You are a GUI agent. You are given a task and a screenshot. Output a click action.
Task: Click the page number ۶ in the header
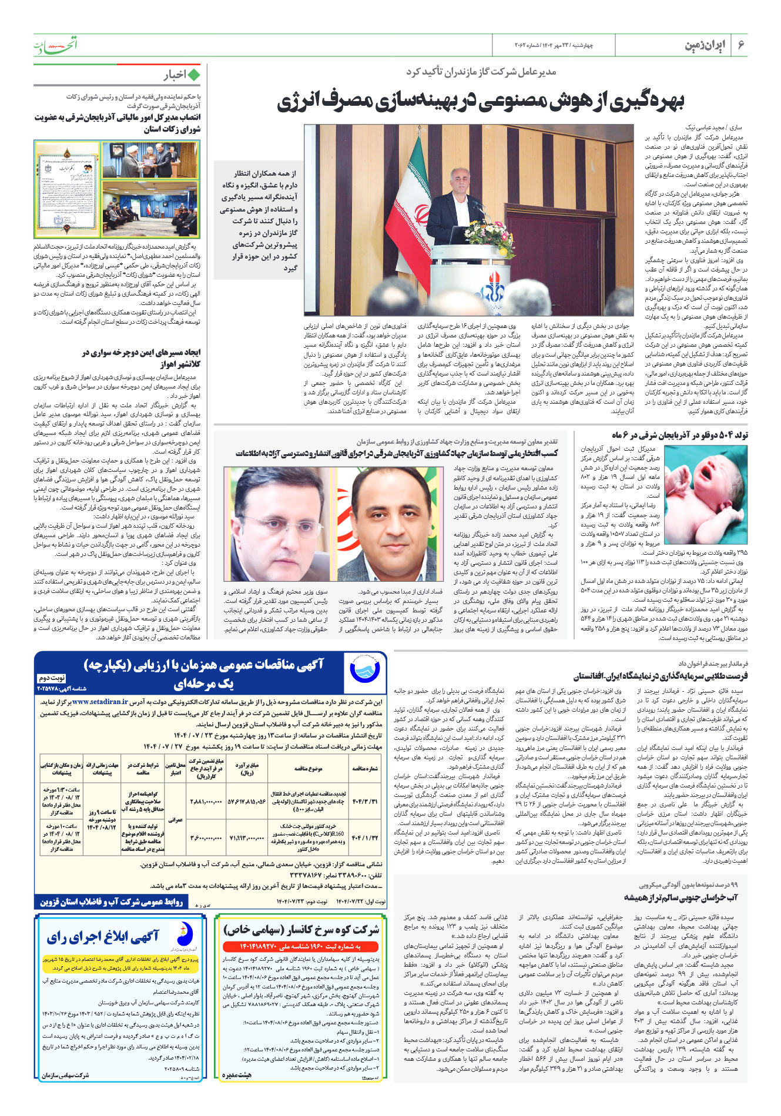(x=741, y=45)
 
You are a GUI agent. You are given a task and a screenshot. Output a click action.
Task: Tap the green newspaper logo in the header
(x=55, y=45)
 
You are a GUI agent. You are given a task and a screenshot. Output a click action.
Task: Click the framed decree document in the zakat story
(x=68, y=189)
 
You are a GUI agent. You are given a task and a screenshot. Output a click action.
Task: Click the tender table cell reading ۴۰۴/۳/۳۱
(x=365, y=801)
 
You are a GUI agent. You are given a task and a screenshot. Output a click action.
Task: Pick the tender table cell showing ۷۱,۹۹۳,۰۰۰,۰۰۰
(x=247, y=837)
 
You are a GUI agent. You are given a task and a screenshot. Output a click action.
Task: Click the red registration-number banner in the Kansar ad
(x=300, y=947)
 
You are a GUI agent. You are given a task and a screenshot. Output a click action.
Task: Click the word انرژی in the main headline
(x=300, y=102)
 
